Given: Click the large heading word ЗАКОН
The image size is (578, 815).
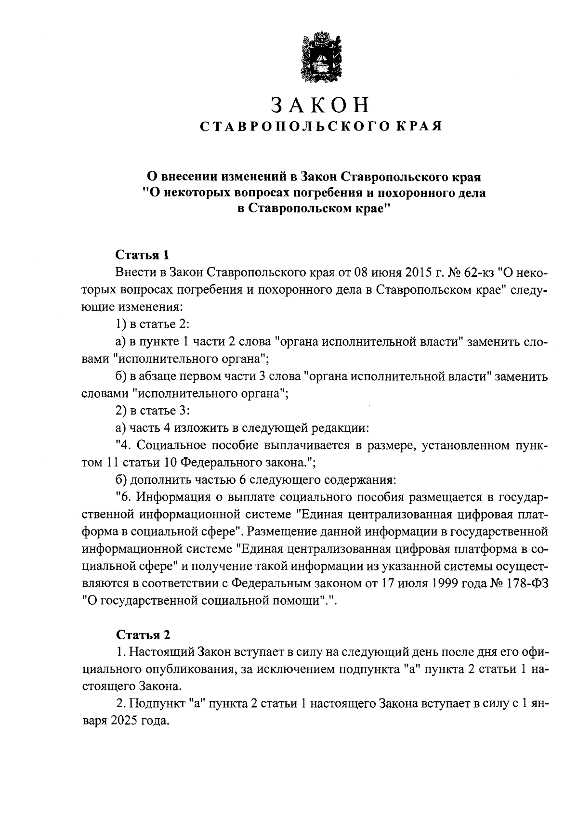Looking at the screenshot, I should tap(320, 104).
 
